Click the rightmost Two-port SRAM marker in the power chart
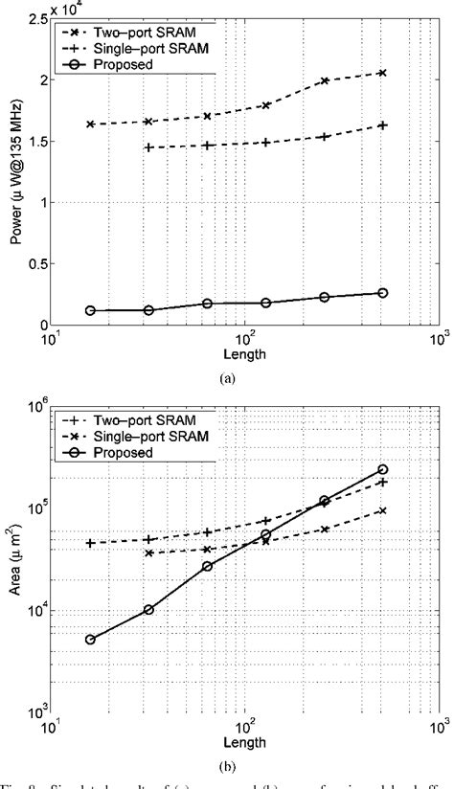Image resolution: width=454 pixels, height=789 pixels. coord(382,73)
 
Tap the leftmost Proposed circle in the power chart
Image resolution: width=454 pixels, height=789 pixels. coord(90,310)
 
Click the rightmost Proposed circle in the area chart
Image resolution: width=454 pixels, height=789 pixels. coord(382,469)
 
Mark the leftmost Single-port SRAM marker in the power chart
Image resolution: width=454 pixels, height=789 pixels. coord(148,147)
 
